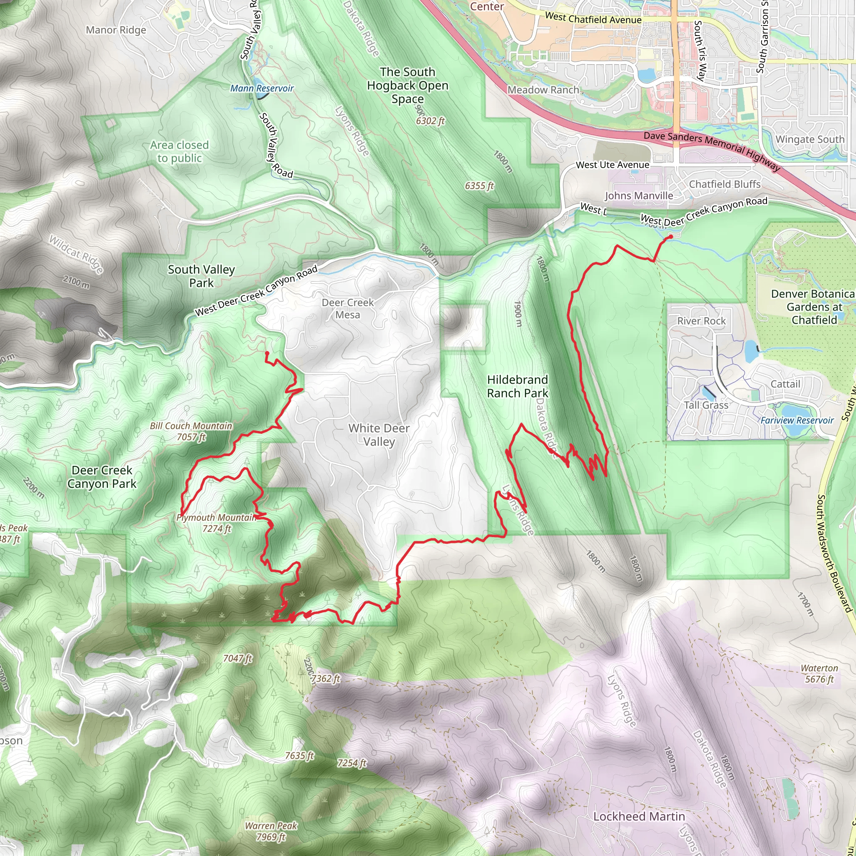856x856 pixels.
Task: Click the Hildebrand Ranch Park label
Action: click(517, 386)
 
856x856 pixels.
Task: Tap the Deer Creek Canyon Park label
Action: click(102, 477)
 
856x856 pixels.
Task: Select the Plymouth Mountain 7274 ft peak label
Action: click(216, 523)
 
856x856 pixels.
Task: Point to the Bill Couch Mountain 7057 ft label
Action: click(191, 431)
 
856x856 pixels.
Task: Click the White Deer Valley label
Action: click(379, 435)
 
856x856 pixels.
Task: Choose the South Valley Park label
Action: click(201, 276)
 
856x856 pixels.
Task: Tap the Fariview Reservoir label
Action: click(797, 420)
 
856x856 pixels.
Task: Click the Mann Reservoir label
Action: click(262, 88)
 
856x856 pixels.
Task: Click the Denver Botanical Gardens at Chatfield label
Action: click(813, 307)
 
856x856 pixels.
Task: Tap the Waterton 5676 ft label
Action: click(819, 673)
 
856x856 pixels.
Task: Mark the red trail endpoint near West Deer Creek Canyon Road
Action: click(670, 237)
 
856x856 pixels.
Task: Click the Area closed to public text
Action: click(179, 152)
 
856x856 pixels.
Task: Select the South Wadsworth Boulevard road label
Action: click(834, 554)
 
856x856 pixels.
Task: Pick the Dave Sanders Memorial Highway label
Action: click(711, 150)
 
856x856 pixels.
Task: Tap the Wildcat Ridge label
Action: click(76, 254)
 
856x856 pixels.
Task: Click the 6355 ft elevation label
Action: click(479, 186)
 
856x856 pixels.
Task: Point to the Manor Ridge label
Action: click(116, 30)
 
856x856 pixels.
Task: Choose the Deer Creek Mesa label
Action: click(348, 308)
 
